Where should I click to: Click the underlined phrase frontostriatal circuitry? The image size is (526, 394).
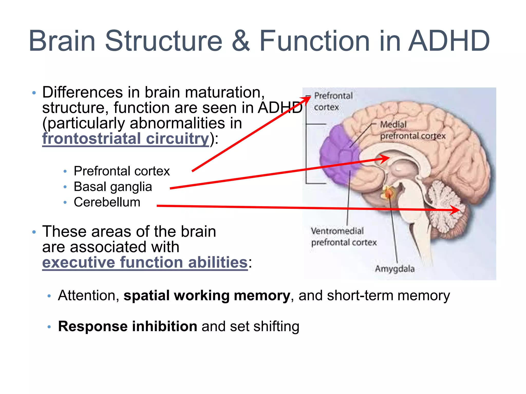tap(126, 139)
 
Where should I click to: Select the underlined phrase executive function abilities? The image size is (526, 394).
tap(145, 262)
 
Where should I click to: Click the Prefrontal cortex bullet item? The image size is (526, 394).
tap(122, 171)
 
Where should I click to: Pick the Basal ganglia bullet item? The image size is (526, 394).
tap(113, 187)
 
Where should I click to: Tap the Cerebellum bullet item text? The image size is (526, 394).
tap(107, 202)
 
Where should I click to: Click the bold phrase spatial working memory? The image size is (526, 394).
tap(207, 295)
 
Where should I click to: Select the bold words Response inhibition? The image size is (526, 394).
tap(128, 326)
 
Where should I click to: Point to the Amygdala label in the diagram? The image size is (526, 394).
tap(395, 269)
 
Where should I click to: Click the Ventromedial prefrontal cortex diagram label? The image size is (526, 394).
tap(343, 237)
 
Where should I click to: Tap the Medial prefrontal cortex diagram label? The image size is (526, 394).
tap(412, 130)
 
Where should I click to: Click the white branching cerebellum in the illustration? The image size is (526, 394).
tap(444, 203)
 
